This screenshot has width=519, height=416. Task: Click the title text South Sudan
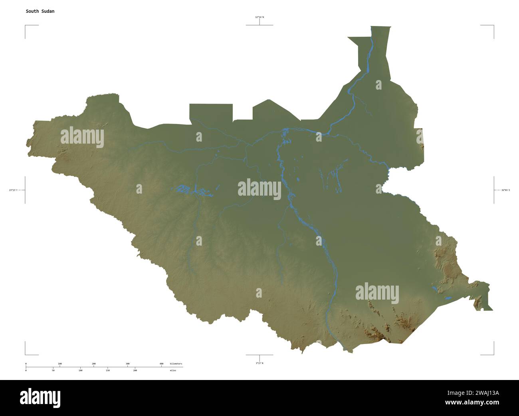tap(40, 11)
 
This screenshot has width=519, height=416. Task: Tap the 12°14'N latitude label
tap(259, 17)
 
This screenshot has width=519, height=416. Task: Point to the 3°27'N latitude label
tap(259, 363)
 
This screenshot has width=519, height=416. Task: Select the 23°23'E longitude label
tap(14, 190)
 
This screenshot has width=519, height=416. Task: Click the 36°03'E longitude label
tap(505, 190)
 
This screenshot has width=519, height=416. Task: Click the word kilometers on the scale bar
tap(176, 364)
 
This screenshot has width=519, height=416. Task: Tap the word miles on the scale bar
tap(172, 370)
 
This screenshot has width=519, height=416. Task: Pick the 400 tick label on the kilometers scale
tap(161, 364)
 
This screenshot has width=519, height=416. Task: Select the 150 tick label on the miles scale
tap(108, 370)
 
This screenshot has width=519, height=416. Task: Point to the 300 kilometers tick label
tap(127, 364)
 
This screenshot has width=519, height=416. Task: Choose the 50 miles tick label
tap(53, 370)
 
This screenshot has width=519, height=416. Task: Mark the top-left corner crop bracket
tap(26, 26)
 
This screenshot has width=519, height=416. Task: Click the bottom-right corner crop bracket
tap(493, 354)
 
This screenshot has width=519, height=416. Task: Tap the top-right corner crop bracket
tap(493, 26)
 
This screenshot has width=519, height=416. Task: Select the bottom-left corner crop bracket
tap(26, 354)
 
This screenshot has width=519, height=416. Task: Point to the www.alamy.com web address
tap(472, 402)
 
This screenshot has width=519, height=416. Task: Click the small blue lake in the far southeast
tap(448, 298)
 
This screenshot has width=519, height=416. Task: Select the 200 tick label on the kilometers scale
tap(93, 364)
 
